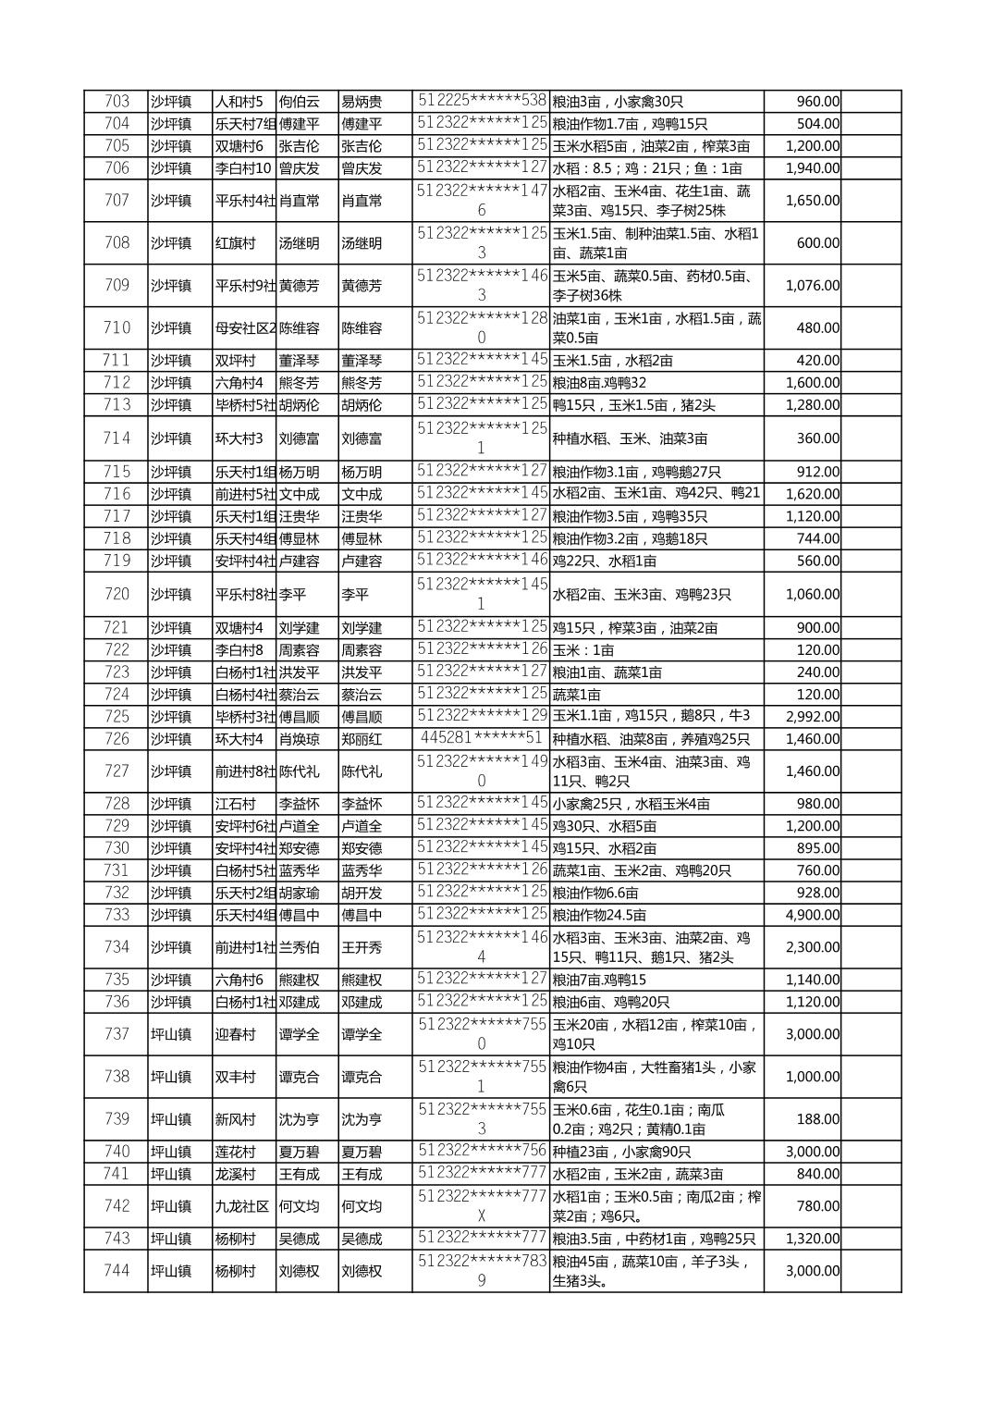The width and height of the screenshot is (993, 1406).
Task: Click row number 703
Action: click(x=116, y=102)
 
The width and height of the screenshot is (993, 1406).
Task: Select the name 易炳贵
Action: click(x=362, y=102)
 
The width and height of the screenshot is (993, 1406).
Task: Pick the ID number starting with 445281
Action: click(x=481, y=738)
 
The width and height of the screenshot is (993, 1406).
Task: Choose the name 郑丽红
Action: click(x=362, y=739)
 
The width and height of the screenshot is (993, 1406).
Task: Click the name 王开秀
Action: click(x=362, y=947)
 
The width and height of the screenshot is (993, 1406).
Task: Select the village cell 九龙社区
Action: click(x=241, y=1206)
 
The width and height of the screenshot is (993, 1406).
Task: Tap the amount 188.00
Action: click(x=817, y=1119)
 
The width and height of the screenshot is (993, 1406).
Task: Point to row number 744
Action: click(x=116, y=1271)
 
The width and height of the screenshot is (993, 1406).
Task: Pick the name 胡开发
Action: click(x=362, y=893)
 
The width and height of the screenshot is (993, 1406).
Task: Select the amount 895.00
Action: click(x=817, y=848)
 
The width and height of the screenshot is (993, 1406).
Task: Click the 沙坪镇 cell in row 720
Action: click(x=171, y=594)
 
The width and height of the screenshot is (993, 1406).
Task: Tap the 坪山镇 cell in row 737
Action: click(x=171, y=1034)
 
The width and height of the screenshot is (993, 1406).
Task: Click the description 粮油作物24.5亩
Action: click(x=599, y=915)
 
